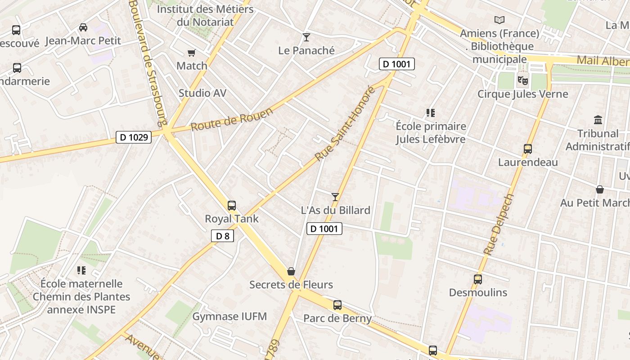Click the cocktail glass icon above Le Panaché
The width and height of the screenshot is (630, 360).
[x=306, y=37]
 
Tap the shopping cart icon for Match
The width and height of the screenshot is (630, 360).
[x=191, y=53]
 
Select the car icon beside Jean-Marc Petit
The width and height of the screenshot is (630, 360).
[x=83, y=27]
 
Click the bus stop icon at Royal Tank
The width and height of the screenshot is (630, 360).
[x=232, y=206]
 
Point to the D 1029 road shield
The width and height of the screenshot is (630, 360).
[x=134, y=137]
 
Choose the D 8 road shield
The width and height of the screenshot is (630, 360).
[x=223, y=236]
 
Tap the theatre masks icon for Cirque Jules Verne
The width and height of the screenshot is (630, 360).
[x=522, y=81]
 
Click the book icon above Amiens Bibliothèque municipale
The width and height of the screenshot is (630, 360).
[x=499, y=20]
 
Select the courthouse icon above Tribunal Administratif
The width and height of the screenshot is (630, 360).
[x=598, y=120]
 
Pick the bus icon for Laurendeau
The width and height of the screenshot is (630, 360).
[x=528, y=149]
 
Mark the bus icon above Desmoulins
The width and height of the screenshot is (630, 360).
[x=478, y=279]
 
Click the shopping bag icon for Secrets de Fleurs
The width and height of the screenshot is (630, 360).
[x=291, y=271]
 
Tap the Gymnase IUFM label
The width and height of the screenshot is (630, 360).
[x=229, y=317]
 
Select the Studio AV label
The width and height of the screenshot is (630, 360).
[x=202, y=93]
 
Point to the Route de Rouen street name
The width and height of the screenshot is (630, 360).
[x=232, y=119]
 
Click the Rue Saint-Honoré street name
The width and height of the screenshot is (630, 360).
[x=345, y=124]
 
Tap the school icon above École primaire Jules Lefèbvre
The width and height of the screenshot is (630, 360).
[x=431, y=113]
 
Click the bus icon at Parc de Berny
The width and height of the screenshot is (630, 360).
[x=337, y=305]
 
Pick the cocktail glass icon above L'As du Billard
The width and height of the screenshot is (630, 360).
[x=335, y=197]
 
